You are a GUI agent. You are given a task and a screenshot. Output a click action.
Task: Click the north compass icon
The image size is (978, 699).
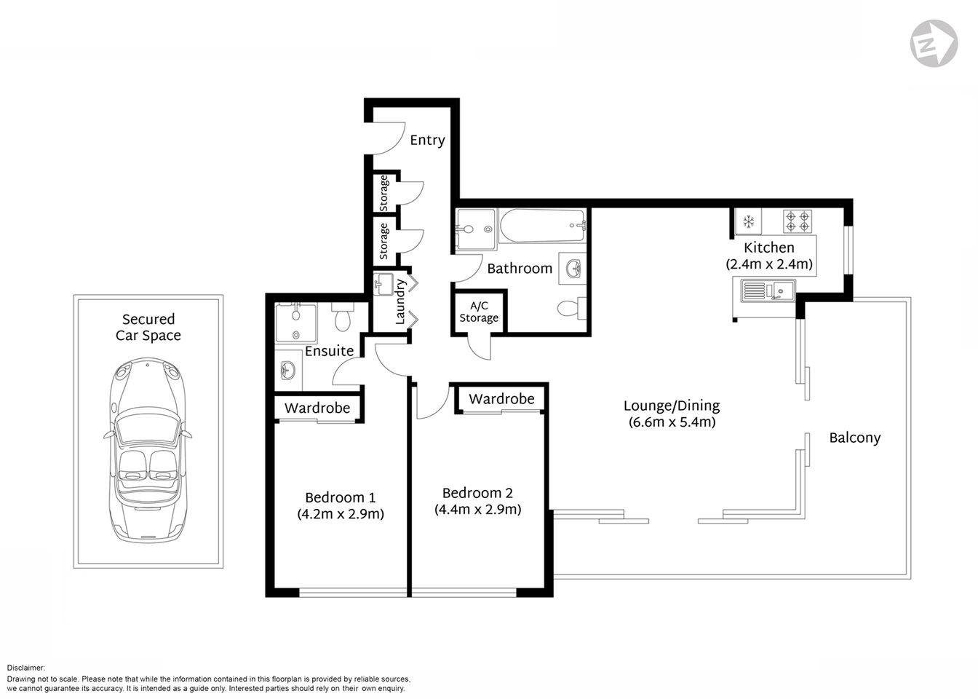(x=934, y=44)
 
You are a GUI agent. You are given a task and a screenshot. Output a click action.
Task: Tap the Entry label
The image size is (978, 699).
(x=427, y=140)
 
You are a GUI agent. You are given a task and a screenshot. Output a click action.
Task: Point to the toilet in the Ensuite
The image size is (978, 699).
(x=342, y=318)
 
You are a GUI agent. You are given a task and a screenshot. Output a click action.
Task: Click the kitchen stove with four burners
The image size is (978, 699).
(x=797, y=221)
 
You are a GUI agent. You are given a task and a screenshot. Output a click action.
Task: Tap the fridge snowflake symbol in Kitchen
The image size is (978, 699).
(x=748, y=221)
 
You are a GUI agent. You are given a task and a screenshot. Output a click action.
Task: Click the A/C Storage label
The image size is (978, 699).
(x=479, y=312)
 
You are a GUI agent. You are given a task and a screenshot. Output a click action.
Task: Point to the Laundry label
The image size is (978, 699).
(x=399, y=301)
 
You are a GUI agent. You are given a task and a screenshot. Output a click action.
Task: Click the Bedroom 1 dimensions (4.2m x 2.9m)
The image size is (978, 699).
(x=341, y=514)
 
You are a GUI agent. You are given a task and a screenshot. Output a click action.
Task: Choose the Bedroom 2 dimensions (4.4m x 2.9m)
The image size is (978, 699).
(x=477, y=510)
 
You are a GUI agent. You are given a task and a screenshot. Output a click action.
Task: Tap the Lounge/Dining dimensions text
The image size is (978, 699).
(x=672, y=422)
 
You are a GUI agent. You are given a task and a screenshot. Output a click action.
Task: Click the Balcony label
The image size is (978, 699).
(x=855, y=438)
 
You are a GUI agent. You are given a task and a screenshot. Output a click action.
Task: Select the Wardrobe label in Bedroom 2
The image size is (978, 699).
(x=501, y=399)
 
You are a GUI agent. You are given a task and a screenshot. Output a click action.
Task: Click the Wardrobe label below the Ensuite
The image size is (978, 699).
(x=317, y=408)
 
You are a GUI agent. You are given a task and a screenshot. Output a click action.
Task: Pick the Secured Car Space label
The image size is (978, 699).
(x=148, y=327)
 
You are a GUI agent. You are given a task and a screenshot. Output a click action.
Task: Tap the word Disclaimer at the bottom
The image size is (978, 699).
(x=26, y=668)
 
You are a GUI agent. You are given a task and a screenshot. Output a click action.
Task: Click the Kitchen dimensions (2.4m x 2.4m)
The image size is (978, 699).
(x=769, y=264)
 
